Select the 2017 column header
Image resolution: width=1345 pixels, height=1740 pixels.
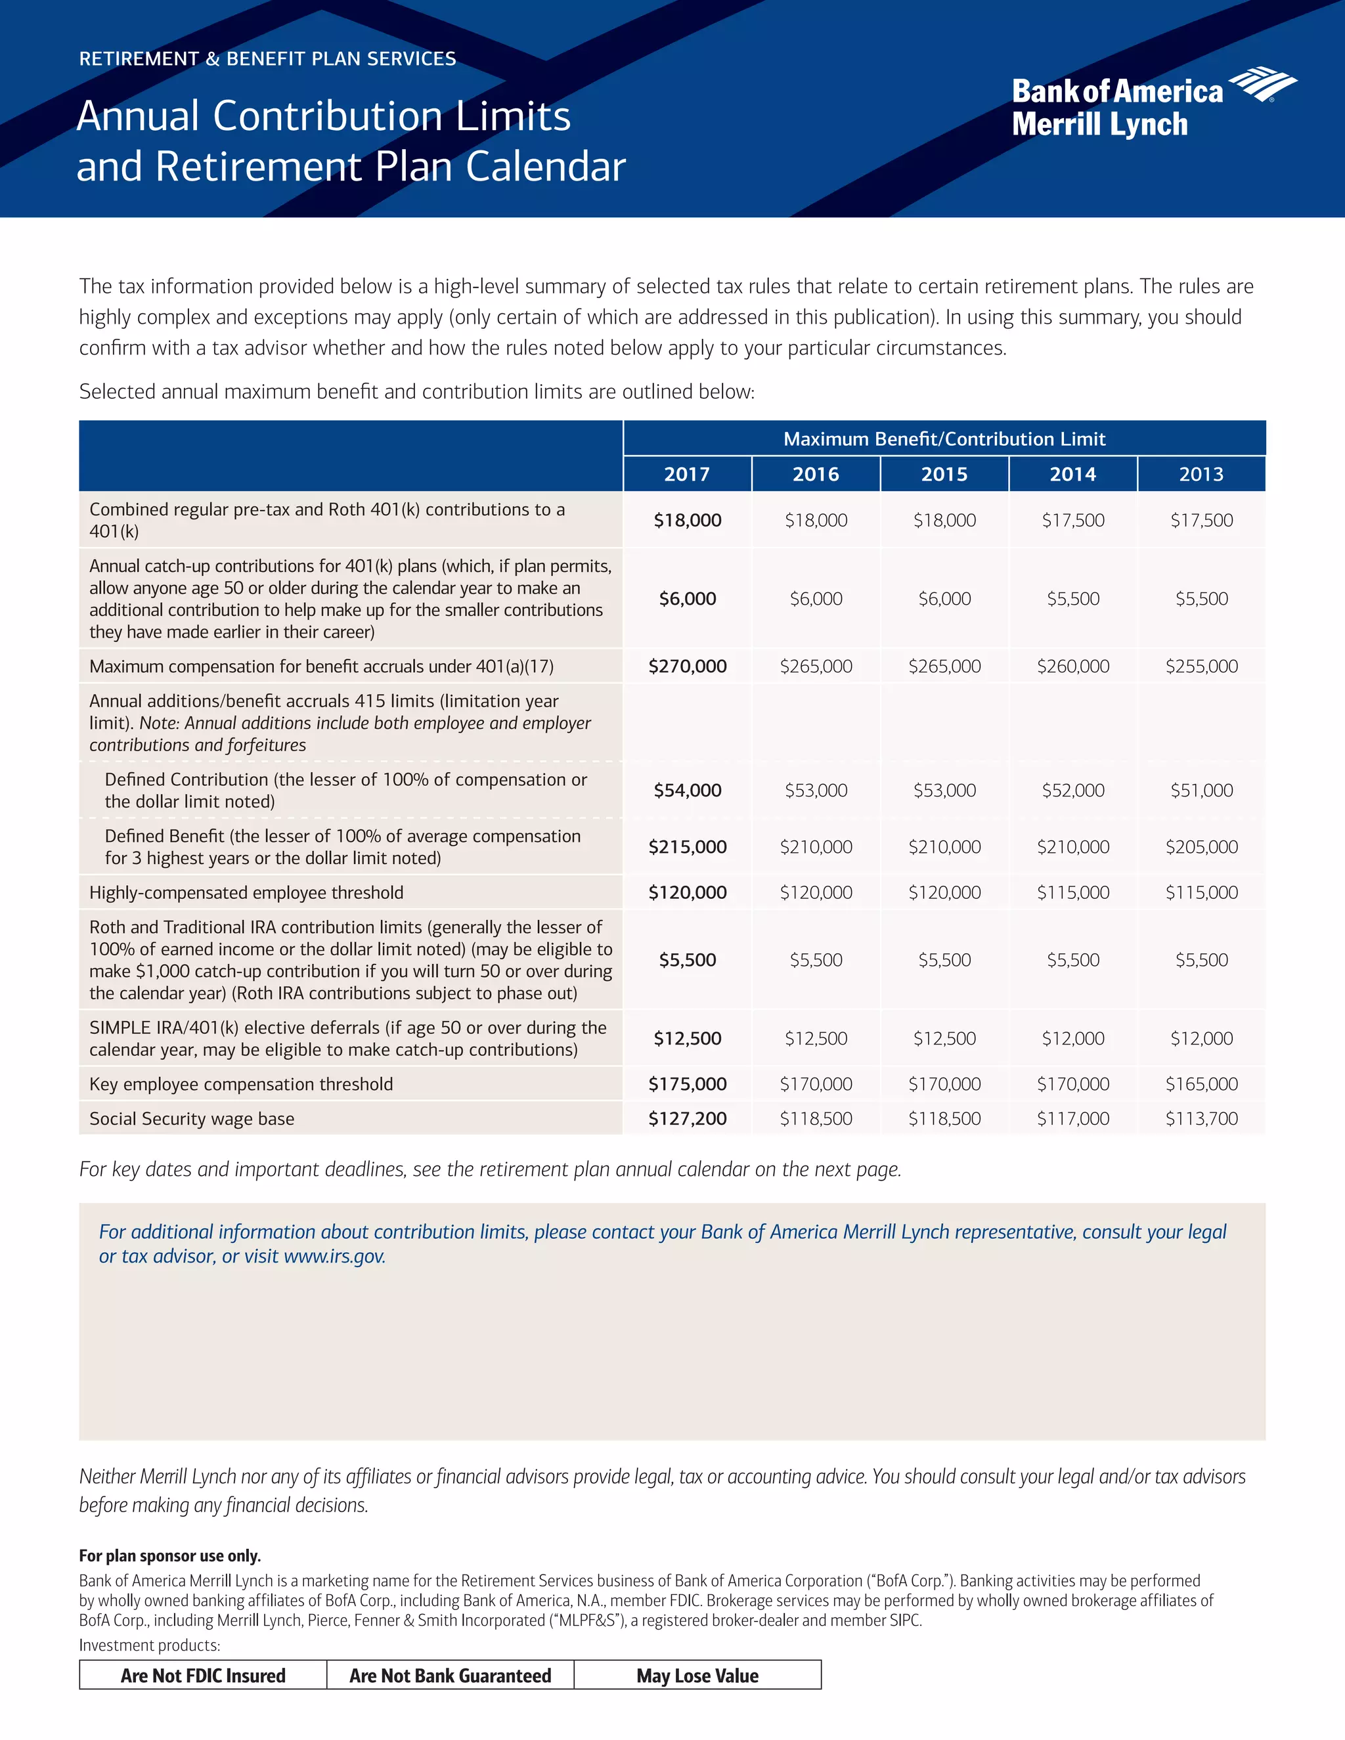coord(687,474)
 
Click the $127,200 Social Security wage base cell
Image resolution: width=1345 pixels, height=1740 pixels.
coord(687,1119)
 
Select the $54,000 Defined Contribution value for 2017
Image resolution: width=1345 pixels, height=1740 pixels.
coord(687,791)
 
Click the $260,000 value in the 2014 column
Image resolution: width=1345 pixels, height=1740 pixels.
coord(1072,666)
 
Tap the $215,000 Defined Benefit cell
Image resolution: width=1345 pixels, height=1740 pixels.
coord(687,847)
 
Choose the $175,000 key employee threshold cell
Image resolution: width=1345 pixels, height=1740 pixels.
coord(687,1084)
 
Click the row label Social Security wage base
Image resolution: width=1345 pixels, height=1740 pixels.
coord(192,1119)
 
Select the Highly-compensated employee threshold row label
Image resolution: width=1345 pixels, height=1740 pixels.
coord(246,892)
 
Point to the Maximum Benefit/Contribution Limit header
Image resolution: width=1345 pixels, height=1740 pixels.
coord(944,439)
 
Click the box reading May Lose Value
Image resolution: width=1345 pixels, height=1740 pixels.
coord(697,1676)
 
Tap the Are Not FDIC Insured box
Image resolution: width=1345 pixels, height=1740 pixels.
coord(203,1676)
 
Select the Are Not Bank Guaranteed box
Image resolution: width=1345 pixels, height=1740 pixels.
coord(450,1676)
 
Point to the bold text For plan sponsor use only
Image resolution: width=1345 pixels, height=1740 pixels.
coord(169,1556)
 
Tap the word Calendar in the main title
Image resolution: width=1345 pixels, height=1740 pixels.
coord(545,167)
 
